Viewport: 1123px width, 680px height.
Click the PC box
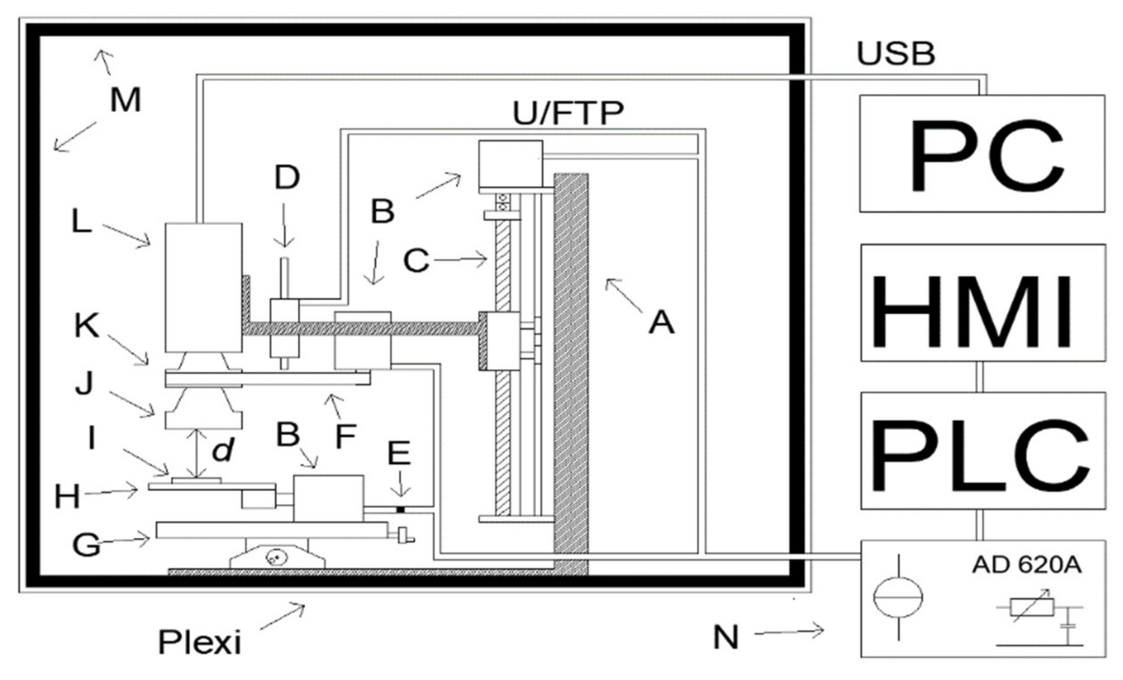[x=982, y=154]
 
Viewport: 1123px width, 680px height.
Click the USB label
[x=896, y=54]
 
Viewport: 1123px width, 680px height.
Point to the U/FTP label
[x=568, y=113]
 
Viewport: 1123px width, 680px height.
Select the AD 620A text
[x=1026, y=565]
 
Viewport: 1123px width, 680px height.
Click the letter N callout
[x=725, y=637]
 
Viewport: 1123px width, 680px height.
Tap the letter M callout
[x=126, y=100]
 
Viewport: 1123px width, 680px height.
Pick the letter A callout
[x=661, y=323]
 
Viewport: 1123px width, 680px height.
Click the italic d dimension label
[x=223, y=451]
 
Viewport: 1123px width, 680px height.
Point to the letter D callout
[x=287, y=178]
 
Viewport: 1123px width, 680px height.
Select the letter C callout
[x=416, y=261]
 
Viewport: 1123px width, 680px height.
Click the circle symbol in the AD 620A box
[x=898, y=597]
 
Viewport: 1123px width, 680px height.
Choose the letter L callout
[x=82, y=223]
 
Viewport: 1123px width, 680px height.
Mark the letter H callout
[x=67, y=496]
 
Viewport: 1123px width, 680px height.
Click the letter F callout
[x=346, y=436]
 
